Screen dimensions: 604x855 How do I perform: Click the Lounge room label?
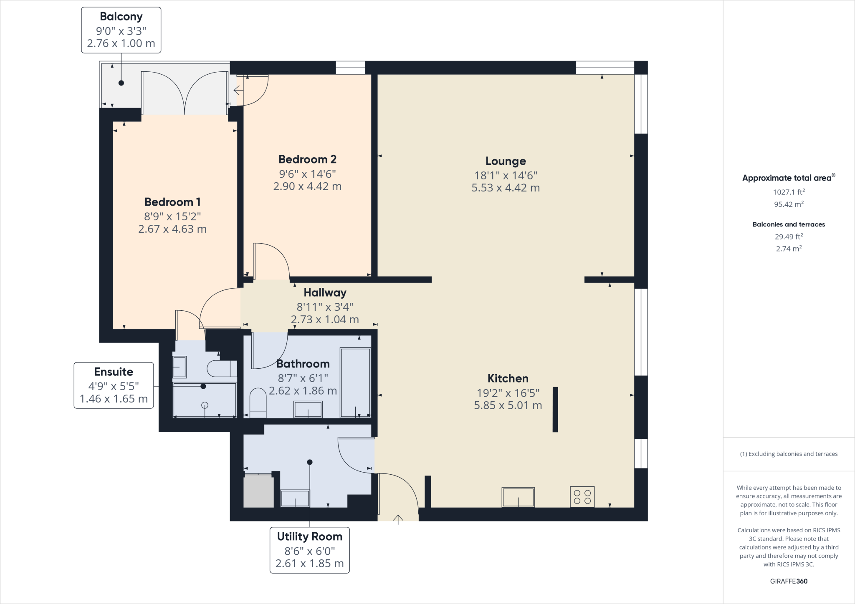(506, 161)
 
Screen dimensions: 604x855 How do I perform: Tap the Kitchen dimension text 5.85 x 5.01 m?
(508, 405)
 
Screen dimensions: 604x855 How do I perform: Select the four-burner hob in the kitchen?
(582, 497)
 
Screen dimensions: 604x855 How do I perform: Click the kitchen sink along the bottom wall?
(518, 497)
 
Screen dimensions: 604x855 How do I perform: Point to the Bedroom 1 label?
(172, 202)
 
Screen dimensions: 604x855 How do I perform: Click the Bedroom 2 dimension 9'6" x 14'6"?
(307, 174)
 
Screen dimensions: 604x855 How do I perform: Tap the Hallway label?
(325, 292)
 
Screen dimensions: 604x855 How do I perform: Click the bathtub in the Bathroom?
(355, 383)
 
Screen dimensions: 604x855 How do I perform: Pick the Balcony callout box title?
(121, 17)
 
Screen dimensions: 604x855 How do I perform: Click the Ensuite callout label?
(114, 372)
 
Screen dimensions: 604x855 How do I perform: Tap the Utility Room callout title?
(309, 536)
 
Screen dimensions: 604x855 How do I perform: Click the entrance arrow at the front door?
(398, 519)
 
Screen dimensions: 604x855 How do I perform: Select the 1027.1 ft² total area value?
(789, 192)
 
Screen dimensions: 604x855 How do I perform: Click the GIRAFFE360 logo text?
(789, 581)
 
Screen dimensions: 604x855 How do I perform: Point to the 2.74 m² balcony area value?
(789, 249)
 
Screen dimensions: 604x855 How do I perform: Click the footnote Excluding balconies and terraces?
(789, 454)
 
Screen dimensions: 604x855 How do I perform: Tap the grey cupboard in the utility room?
(258, 492)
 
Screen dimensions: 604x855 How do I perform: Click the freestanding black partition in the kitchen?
(555, 409)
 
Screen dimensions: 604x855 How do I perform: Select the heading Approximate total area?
(788, 178)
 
